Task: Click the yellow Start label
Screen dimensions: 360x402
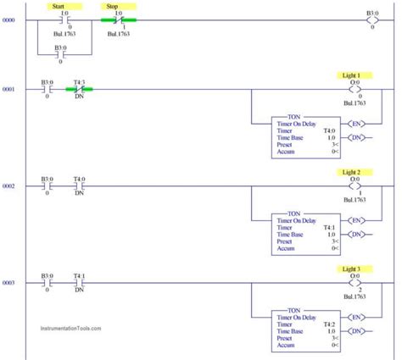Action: tap(59, 6)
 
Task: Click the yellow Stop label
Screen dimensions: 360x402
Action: tap(111, 6)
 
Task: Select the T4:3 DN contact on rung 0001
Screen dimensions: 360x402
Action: tap(79, 89)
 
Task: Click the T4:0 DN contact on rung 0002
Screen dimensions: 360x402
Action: tap(79, 186)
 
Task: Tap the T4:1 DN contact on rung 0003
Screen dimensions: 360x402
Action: tap(79, 282)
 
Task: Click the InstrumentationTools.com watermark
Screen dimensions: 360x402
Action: tap(70, 328)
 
